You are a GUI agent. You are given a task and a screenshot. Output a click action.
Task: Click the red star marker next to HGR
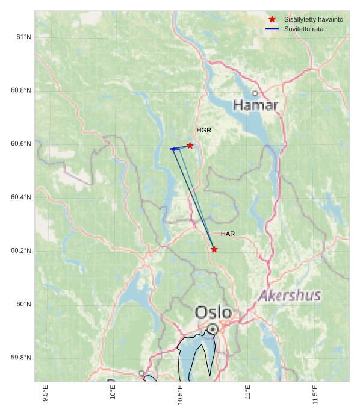[x=190, y=146]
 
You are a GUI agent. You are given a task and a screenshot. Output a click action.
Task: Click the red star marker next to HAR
[x=214, y=249]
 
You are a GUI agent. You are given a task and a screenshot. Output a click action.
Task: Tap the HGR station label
[x=204, y=130]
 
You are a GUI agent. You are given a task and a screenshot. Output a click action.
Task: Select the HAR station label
[x=228, y=234]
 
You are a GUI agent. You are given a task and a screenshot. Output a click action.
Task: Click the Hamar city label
[x=255, y=105]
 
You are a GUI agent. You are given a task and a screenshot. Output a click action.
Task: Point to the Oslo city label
[x=213, y=312]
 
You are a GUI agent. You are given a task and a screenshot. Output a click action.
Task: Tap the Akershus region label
[x=290, y=296]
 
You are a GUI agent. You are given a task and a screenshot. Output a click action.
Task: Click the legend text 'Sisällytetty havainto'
[x=314, y=19]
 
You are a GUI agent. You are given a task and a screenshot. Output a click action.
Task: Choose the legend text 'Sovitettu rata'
[x=303, y=29]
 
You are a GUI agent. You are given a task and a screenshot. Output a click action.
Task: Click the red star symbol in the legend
[x=272, y=19]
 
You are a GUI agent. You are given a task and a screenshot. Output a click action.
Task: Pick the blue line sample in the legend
[x=272, y=29]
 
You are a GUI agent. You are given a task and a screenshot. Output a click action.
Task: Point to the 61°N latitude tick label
[x=24, y=37]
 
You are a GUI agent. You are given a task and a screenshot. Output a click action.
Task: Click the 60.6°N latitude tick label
[x=21, y=144]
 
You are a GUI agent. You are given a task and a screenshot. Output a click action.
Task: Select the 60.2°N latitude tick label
[x=21, y=251]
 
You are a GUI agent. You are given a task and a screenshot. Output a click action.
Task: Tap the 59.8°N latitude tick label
[x=21, y=358]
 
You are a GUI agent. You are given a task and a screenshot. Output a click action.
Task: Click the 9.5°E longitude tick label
[x=46, y=394]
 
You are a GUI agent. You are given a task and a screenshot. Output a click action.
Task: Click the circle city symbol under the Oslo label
[x=213, y=329]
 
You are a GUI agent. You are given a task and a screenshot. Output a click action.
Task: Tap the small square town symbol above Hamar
[x=255, y=93]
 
